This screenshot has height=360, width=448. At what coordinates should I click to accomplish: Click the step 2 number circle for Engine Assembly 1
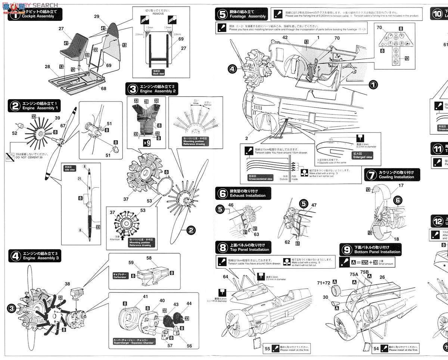[15, 106]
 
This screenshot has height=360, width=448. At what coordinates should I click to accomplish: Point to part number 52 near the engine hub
[14, 133]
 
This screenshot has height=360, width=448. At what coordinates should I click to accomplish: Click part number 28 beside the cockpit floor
[47, 67]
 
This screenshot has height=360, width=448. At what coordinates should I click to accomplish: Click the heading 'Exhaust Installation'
[248, 195]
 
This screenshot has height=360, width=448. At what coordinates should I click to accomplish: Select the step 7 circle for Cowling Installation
[371, 174]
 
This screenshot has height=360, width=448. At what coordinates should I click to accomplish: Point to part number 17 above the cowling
[401, 185]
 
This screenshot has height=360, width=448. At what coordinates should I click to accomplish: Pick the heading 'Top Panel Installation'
[249, 250]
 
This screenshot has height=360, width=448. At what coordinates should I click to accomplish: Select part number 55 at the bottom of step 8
[267, 348]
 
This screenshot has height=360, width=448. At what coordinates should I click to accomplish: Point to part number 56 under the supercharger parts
[189, 346]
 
